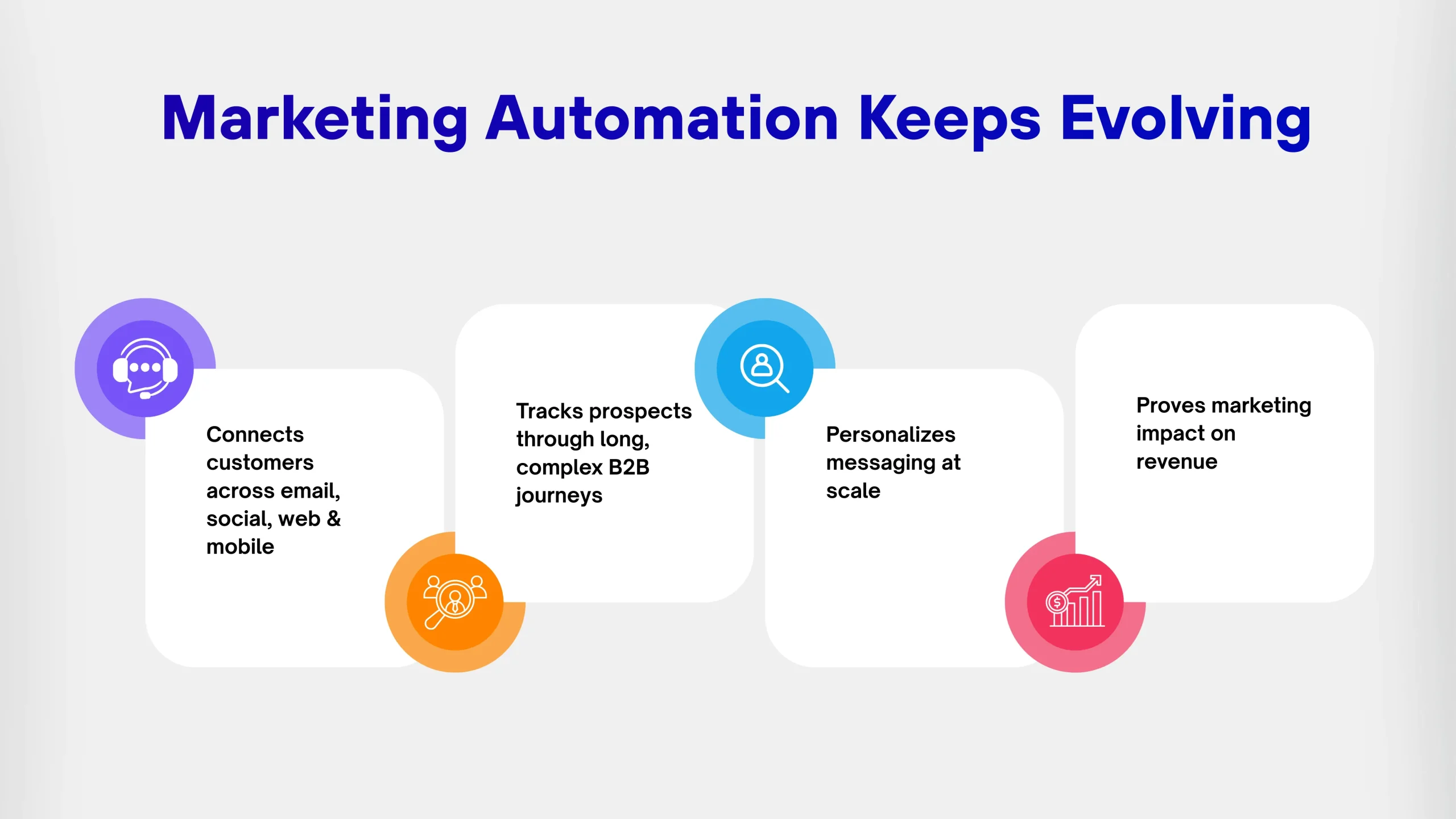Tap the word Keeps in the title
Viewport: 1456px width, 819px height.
pos(950,121)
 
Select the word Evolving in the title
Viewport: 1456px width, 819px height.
pos(1186,121)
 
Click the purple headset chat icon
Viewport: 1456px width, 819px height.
pos(145,369)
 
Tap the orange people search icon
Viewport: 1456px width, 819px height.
pos(455,602)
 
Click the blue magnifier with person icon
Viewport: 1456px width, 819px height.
pos(764,368)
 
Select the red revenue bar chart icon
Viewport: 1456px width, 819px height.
pos(1075,601)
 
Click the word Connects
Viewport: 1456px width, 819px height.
pos(255,435)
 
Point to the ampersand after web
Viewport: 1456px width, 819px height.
pos(334,519)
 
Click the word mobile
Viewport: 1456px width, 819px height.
pos(240,547)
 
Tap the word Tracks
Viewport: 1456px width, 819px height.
pos(549,411)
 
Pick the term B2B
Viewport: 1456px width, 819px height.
pos(629,467)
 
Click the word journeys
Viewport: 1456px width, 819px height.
pos(559,496)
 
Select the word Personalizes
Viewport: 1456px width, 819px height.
pos(891,435)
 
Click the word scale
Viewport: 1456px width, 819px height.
pos(853,490)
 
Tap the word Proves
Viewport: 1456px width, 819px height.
pos(1171,406)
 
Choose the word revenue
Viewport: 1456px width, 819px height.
pos(1177,462)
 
